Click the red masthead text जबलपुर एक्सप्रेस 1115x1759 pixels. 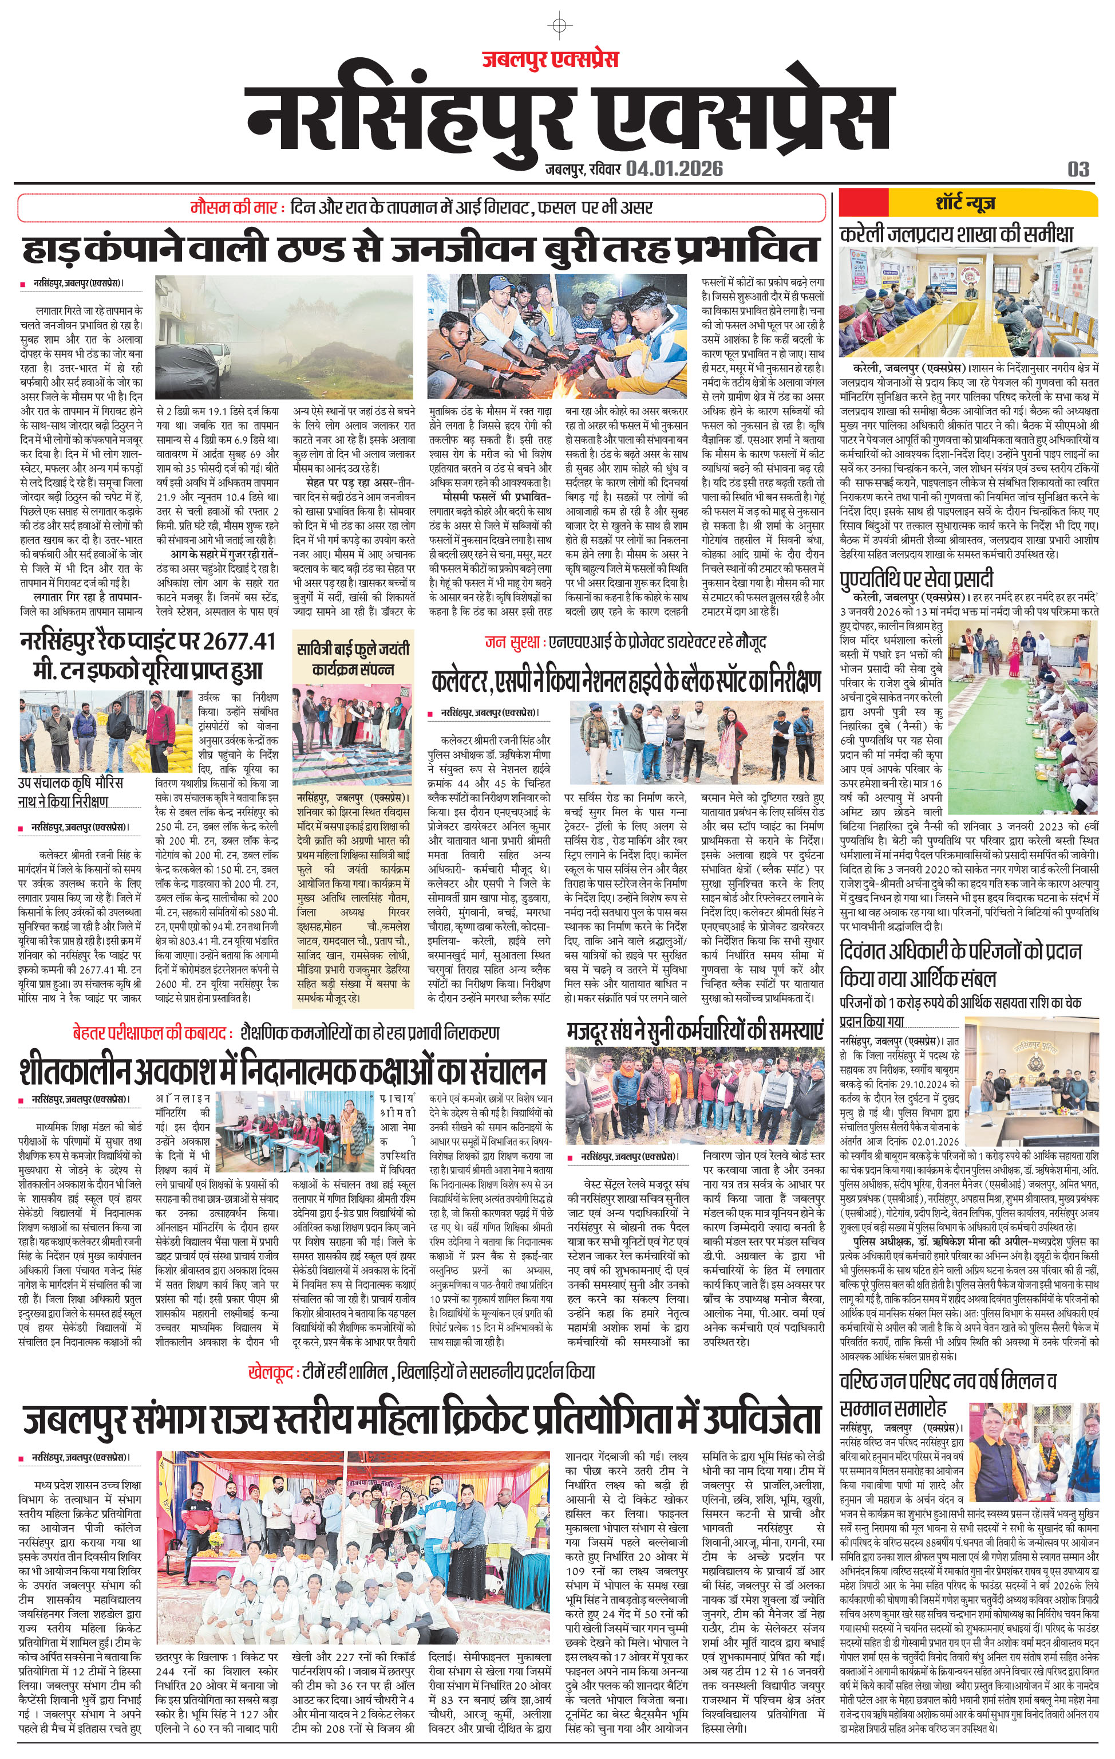[x=550, y=58]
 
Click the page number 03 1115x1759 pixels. [x=1078, y=170]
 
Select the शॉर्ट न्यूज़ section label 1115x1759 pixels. [x=965, y=202]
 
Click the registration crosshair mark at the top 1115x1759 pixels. [x=559, y=26]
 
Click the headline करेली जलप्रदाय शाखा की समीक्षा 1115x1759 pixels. [x=956, y=234]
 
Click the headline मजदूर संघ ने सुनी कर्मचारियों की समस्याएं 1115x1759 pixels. [x=694, y=1030]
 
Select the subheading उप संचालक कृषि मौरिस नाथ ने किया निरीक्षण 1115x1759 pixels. [x=71, y=792]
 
